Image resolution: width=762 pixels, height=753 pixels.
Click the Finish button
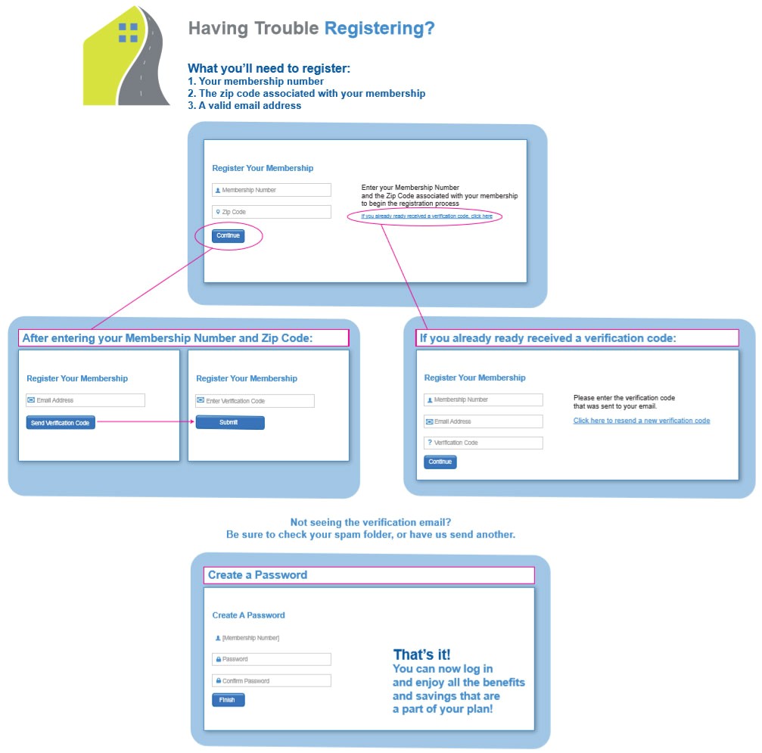click(x=228, y=700)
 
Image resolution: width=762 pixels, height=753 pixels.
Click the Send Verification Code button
click(x=61, y=423)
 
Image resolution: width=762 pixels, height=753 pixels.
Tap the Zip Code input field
click(x=272, y=212)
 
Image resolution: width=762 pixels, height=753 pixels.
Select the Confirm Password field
click(x=272, y=680)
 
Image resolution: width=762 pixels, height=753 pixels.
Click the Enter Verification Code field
click(x=255, y=401)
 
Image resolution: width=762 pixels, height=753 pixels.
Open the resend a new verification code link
click(x=642, y=421)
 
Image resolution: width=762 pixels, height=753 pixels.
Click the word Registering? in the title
click(x=380, y=29)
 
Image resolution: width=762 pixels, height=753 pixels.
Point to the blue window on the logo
click(x=129, y=33)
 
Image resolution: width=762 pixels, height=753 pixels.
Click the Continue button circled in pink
click(x=228, y=236)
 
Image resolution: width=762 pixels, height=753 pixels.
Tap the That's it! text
click(x=421, y=655)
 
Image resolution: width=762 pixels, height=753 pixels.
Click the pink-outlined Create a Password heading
click(x=257, y=575)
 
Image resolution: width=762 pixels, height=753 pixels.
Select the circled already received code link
click(x=427, y=216)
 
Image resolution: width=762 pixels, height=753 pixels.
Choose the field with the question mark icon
click(x=484, y=443)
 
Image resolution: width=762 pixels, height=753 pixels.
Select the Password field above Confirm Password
click(x=272, y=659)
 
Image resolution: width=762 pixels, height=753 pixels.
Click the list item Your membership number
click(x=256, y=82)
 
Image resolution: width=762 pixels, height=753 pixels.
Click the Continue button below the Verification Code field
click(x=440, y=462)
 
